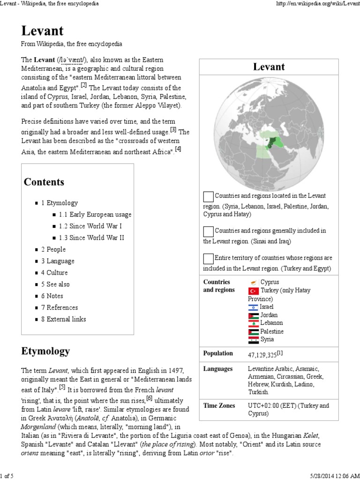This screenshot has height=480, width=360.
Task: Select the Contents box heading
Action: [44, 182]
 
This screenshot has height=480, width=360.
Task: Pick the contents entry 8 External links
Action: [63, 319]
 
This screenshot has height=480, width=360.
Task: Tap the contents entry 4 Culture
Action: [54, 272]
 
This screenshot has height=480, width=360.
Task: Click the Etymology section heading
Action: [45, 351]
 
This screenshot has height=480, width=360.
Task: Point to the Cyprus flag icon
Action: [253, 282]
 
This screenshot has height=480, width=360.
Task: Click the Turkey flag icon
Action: [253, 291]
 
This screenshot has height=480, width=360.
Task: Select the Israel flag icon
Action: [253, 307]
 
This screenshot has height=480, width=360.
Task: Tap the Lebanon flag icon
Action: [253, 323]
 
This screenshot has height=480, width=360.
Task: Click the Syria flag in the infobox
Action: [253, 339]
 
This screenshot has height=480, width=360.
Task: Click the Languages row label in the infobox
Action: [217, 369]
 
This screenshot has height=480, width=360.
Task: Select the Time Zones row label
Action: [218, 405]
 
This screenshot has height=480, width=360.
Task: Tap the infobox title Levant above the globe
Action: [269, 67]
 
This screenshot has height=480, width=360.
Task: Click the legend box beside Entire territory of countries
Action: [208, 258]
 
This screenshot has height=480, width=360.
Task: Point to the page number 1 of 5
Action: [9, 476]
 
